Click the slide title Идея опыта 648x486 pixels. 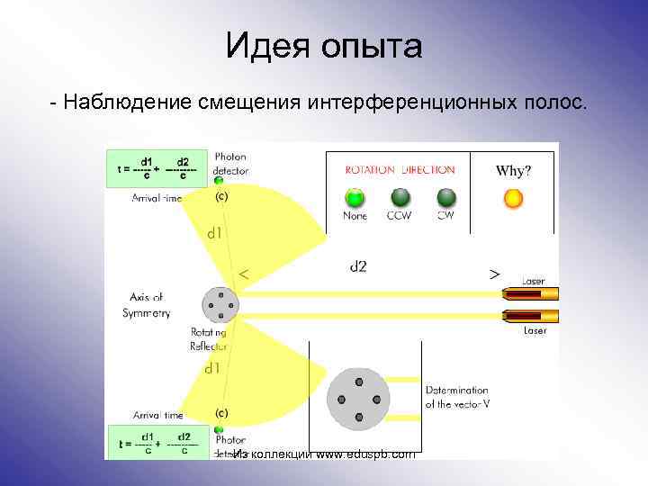pyautogui.click(x=323, y=45)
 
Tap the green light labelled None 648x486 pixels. pyautogui.click(x=355, y=197)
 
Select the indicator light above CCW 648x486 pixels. pyautogui.click(x=400, y=197)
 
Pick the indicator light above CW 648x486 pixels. pyautogui.click(x=445, y=197)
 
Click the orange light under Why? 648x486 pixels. pyautogui.click(x=513, y=198)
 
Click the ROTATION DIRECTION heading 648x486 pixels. pyautogui.click(x=400, y=169)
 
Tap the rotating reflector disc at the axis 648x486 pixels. pyautogui.click(x=220, y=305)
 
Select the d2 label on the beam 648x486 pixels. pyautogui.click(x=358, y=265)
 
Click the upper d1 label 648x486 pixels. pyautogui.click(x=214, y=233)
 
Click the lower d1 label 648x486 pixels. pyautogui.click(x=212, y=368)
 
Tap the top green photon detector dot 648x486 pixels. pyautogui.click(x=218, y=180)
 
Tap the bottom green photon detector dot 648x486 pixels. pyautogui.click(x=218, y=428)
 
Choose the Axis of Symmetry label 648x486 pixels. pyautogui.click(x=143, y=305)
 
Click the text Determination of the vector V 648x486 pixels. pyautogui.click(x=457, y=398)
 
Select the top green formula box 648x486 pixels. pyautogui.click(x=157, y=167)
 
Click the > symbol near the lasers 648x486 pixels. pyautogui.click(x=494, y=273)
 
